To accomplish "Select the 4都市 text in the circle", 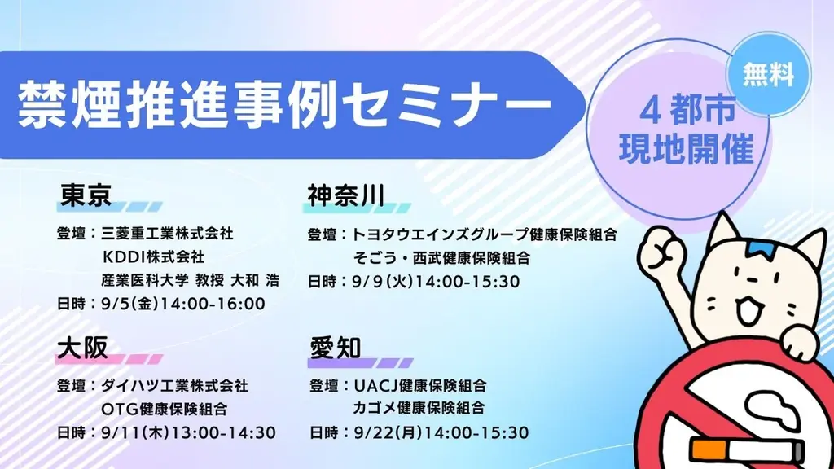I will click(686, 112).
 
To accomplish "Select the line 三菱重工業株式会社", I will click(168, 234).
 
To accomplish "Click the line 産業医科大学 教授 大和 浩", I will click(191, 280).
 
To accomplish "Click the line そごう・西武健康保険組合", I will click(441, 258).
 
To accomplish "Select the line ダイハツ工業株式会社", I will click(175, 384).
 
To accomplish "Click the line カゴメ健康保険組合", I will click(419, 408).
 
